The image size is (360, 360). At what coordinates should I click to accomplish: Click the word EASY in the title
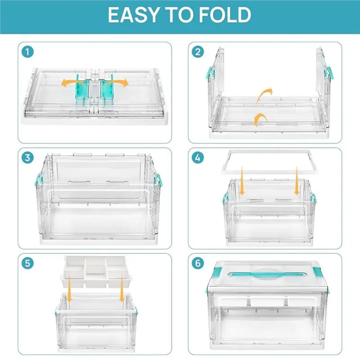134,15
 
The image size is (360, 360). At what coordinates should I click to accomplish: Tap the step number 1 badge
27,52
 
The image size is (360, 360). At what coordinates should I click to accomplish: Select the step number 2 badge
198,52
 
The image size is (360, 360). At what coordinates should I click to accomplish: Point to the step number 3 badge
27,158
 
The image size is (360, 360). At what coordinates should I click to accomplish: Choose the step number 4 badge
198,158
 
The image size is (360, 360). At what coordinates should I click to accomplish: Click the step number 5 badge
27,263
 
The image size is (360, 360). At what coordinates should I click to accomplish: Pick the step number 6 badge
198,263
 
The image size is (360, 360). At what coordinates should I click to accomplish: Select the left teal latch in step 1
82,90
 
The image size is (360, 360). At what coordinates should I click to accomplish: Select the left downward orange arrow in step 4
242,181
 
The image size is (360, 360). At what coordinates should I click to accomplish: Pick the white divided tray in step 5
96,272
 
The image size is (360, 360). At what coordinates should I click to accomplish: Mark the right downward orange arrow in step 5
122,288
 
